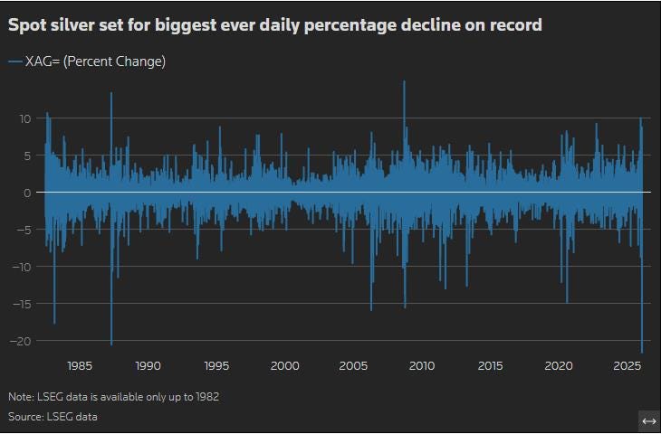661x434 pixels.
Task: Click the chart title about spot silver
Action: point(275,25)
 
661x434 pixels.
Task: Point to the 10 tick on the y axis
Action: point(25,118)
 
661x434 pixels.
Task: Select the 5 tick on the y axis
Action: point(28,156)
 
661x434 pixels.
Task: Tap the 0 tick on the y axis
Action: point(28,193)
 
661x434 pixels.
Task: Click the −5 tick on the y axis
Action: point(25,230)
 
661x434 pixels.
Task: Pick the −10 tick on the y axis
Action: point(23,267)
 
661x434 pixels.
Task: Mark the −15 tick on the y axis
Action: point(23,304)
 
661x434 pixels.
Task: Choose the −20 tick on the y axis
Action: point(23,341)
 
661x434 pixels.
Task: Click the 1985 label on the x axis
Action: point(79,366)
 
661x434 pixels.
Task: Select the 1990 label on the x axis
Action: point(148,366)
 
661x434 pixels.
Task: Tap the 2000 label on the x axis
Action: point(284,366)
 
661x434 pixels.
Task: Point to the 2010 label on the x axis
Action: point(421,366)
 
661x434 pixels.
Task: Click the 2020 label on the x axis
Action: point(559,366)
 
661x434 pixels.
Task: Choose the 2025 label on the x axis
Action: point(627,366)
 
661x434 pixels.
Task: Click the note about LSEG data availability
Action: point(113,397)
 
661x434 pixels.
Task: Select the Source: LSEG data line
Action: point(53,417)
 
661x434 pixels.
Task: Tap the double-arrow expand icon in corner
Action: point(648,421)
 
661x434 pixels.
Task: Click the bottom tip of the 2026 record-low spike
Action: point(642,353)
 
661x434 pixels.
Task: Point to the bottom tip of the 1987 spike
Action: point(111,344)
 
